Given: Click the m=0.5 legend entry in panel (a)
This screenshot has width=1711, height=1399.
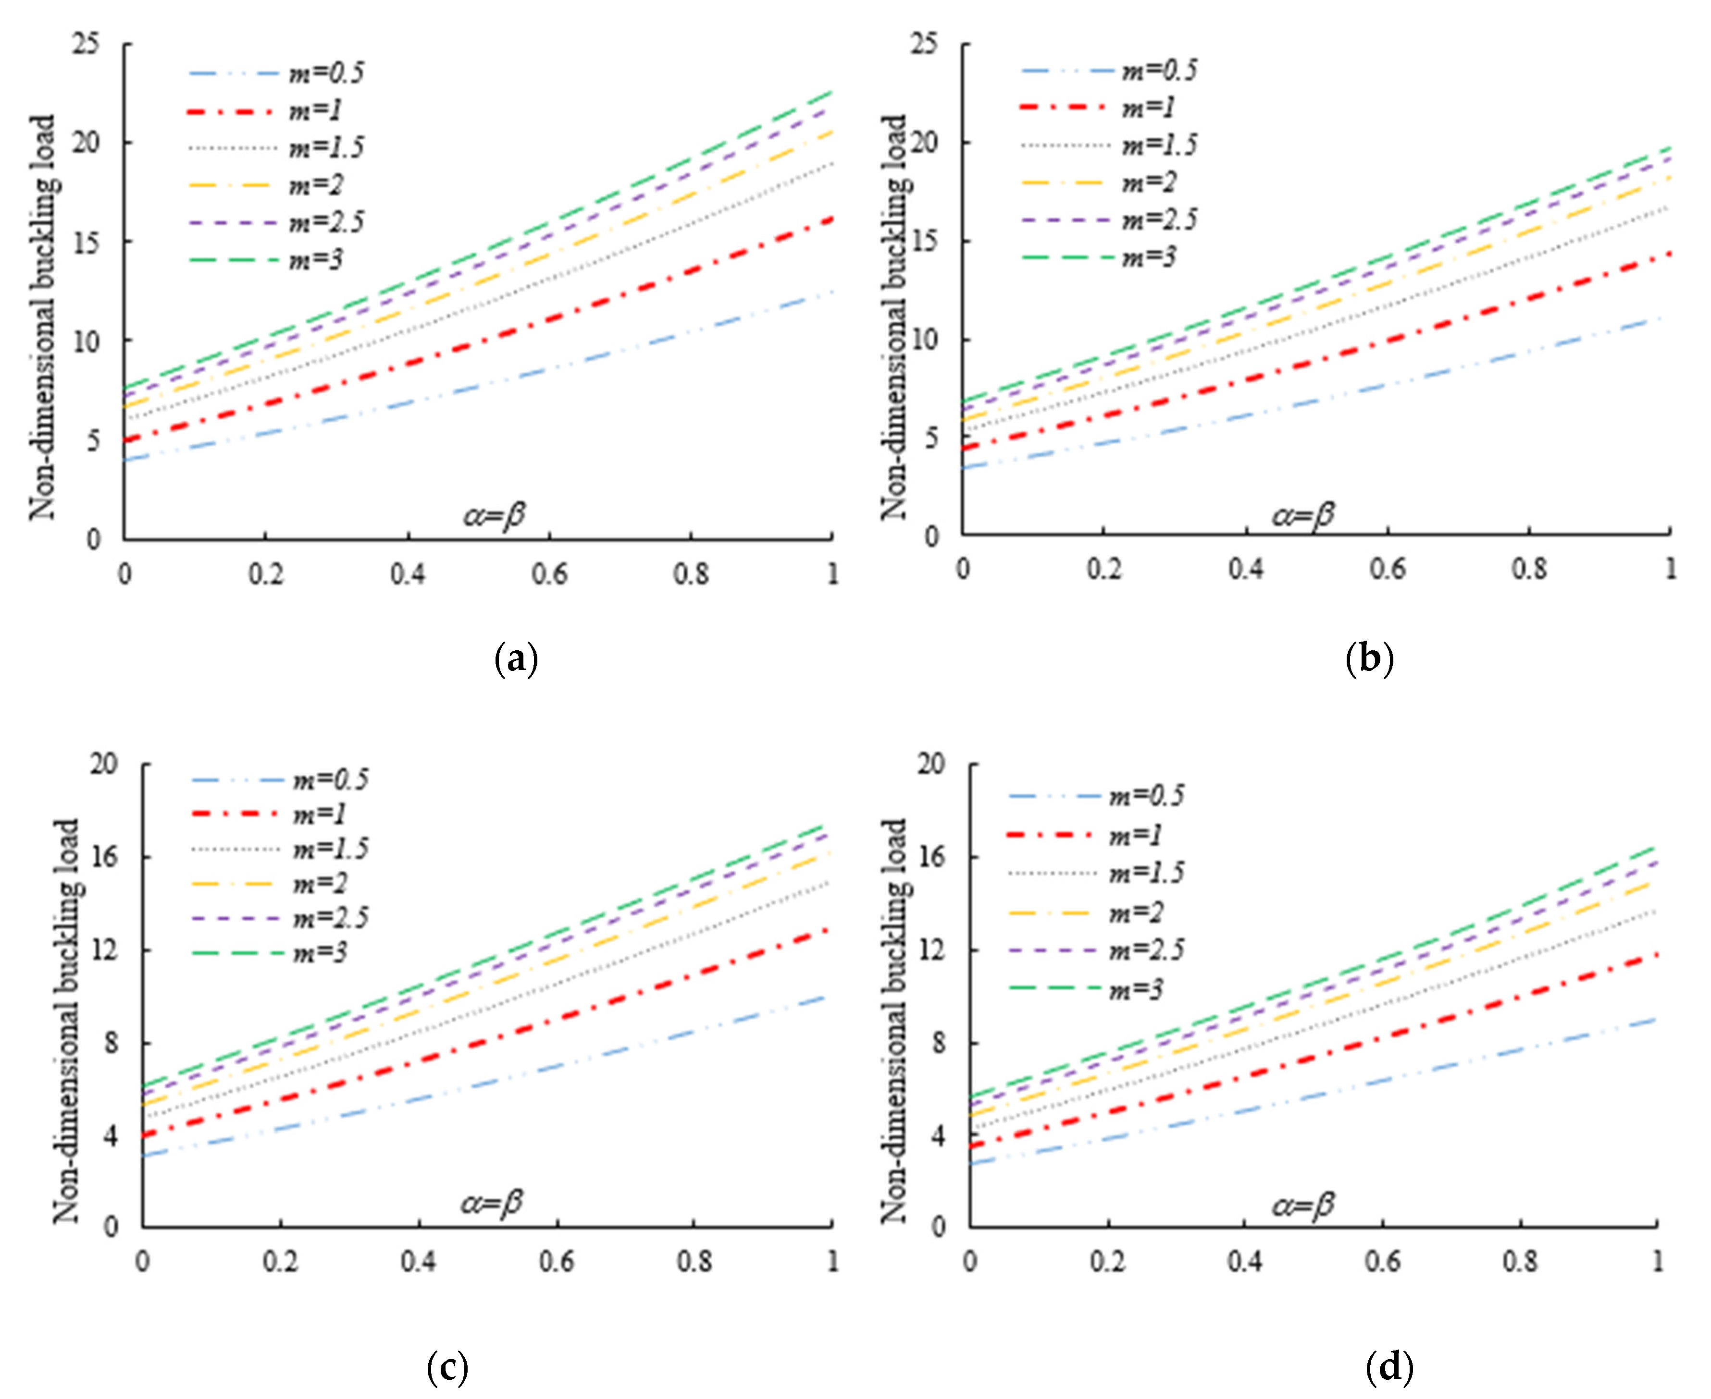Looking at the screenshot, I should click(326, 73).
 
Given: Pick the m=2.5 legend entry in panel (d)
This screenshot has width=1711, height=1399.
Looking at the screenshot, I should click(1146, 950).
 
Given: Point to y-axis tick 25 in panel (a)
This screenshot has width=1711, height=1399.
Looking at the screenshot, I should click(87, 44).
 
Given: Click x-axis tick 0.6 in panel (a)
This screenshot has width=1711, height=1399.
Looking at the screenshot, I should click(550, 574).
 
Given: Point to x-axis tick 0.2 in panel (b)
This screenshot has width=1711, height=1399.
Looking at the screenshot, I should click(1104, 569).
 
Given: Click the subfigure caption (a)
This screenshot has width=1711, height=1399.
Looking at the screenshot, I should click(516, 660).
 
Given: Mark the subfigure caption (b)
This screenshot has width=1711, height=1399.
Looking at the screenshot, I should click(1369, 660).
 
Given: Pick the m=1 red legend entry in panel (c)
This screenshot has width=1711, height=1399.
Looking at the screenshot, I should click(319, 815).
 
